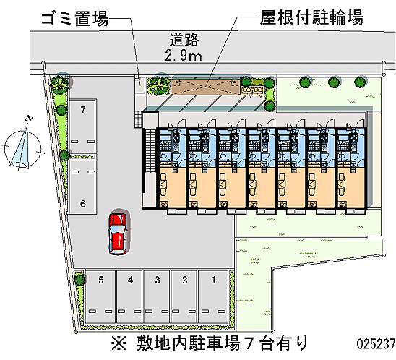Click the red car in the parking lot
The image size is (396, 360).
pos(118,234)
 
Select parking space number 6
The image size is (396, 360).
pos(83,187)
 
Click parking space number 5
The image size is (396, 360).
pos(100,296)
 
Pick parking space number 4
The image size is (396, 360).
pos(130,296)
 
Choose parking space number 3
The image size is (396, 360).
pos(157,296)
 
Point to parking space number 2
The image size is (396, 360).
pos(184,296)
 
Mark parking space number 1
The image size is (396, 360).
pos(214,296)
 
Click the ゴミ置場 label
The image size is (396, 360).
pos(75,19)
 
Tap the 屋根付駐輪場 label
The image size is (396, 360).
pos(311,17)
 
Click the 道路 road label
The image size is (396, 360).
pos(184,40)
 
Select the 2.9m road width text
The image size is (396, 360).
pos(184,56)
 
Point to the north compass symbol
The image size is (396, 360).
pos(22,149)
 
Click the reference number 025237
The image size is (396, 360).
pos(376,343)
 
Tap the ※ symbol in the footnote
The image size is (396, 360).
pos(119,343)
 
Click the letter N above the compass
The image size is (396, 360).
pos(30,119)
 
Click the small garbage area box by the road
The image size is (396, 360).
pos(139,85)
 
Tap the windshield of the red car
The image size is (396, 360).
pos(117,229)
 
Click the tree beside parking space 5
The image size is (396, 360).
pos(80,280)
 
